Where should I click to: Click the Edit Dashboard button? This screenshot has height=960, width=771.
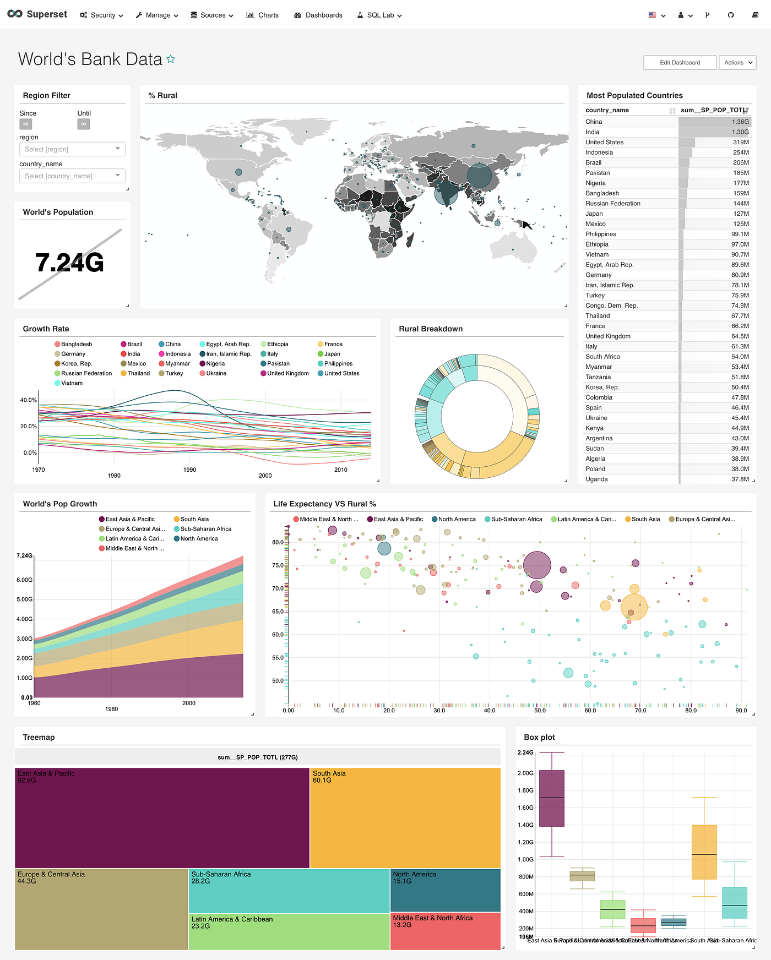click(680, 63)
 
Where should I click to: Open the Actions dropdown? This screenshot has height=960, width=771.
click(737, 63)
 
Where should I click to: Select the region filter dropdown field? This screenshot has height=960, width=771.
click(72, 149)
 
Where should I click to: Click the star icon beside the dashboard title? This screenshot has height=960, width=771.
click(171, 59)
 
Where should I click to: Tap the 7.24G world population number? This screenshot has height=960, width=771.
click(70, 263)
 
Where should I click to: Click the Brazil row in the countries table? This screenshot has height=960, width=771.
click(593, 163)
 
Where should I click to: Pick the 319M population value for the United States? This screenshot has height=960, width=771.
click(740, 143)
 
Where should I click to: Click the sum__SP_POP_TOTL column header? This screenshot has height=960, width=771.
click(713, 110)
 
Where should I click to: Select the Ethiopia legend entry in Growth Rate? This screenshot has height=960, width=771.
click(277, 344)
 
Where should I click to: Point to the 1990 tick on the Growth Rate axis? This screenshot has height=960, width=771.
click(189, 470)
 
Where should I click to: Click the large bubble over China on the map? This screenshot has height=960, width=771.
click(479, 176)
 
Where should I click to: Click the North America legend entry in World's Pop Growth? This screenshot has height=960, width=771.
click(198, 539)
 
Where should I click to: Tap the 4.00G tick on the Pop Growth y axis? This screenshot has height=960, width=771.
click(24, 619)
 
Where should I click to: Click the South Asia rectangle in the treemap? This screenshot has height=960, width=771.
click(405, 817)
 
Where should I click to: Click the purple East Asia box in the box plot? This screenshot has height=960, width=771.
click(551, 798)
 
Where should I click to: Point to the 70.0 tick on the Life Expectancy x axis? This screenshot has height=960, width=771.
click(640, 711)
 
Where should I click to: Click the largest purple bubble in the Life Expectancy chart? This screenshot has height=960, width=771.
click(537, 565)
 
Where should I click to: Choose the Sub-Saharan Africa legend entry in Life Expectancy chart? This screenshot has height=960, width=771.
click(516, 519)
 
